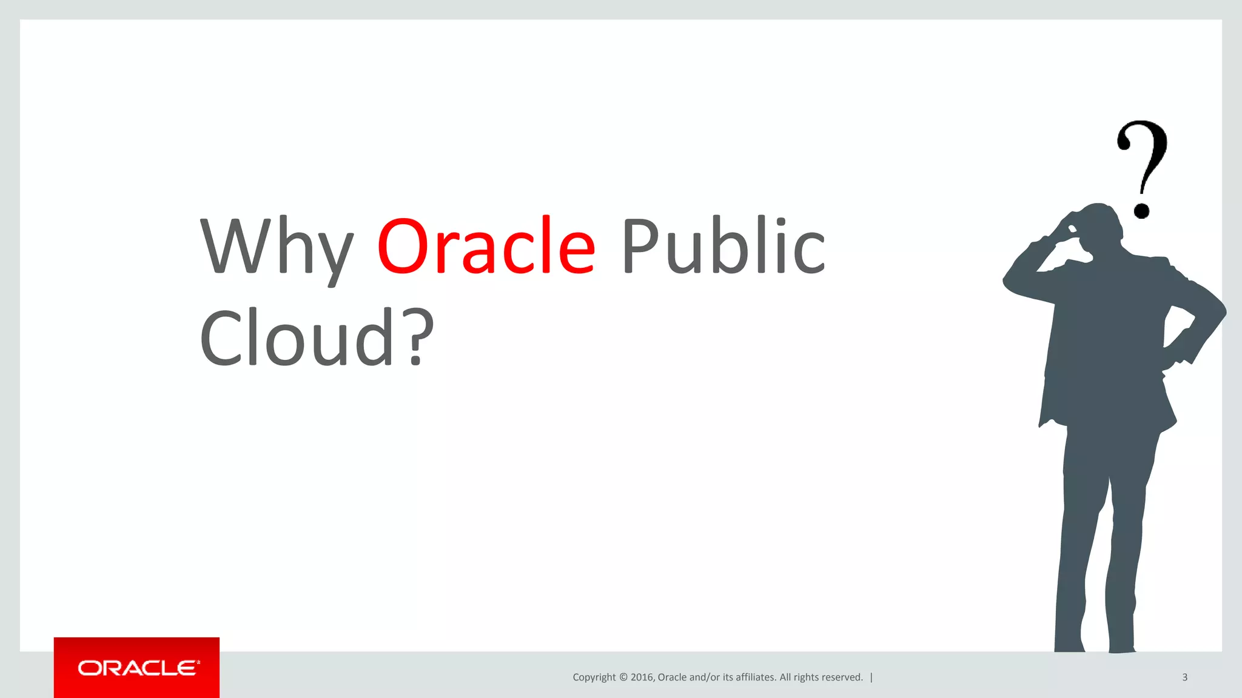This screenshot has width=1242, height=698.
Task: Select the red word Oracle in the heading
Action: pyautogui.click(x=486, y=246)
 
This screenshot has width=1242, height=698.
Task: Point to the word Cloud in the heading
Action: pyautogui.click(x=297, y=338)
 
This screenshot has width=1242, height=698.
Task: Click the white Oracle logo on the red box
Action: pyautogui.click(x=138, y=668)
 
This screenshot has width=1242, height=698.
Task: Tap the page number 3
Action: pyautogui.click(x=1184, y=677)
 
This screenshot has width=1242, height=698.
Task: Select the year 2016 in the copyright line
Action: pyautogui.click(x=642, y=677)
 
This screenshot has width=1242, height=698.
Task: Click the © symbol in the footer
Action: pyautogui.click(x=623, y=677)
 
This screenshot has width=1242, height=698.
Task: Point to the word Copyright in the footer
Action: pyautogui.click(x=594, y=677)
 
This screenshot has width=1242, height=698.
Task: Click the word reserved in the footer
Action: pyautogui.click(x=841, y=677)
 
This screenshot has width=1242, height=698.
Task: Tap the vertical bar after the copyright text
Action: pyautogui.click(x=871, y=677)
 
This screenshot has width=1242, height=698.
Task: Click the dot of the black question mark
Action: pyautogui.click(x=1142, y=210)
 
